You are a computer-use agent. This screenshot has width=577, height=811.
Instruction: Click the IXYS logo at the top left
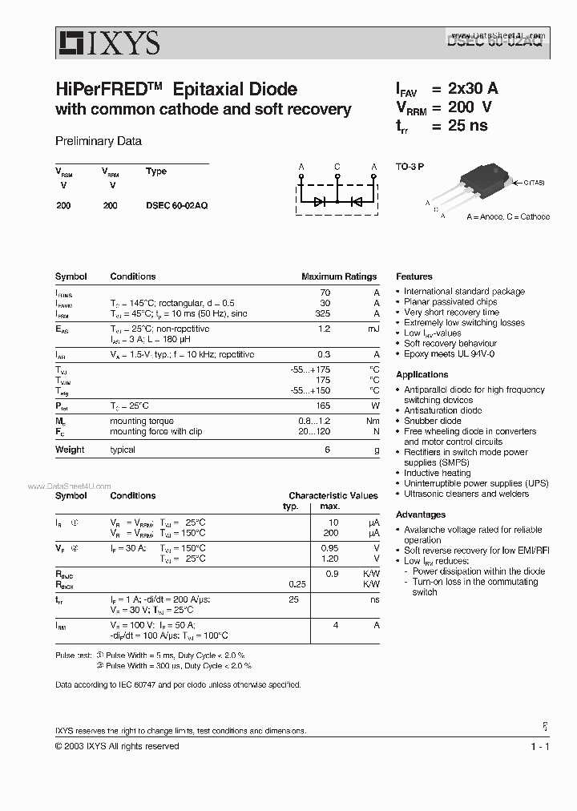(x=107, y=42)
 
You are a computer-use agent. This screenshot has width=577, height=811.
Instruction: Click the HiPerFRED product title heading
(x=176, y=89)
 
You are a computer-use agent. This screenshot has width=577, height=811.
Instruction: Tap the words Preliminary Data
(x=99, y=141)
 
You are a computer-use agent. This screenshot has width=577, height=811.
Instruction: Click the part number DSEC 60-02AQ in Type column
(x=177, y=205)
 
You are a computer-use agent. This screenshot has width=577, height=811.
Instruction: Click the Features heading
(x=414, y=276)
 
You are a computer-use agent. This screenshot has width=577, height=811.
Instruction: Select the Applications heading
(x=422, y=374)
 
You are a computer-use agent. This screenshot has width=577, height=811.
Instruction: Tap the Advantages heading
(x=420, y=514)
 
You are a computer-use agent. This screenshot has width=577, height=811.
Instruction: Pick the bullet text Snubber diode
(x=432, y=421)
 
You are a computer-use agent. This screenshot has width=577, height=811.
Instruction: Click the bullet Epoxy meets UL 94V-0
(x=449, y=353)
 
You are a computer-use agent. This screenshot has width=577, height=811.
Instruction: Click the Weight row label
(x=70, y=450)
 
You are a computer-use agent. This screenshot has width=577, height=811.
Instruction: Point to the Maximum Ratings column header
(x=338, y=276)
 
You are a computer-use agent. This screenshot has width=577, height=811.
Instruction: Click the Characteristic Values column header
(x=333, y=496)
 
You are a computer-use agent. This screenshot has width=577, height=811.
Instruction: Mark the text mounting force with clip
(x=155, y=431)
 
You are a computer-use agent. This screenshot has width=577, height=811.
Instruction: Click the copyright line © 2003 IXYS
(x=117, y=746)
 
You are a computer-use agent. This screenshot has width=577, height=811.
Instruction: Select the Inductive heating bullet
(x=437, y=473)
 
